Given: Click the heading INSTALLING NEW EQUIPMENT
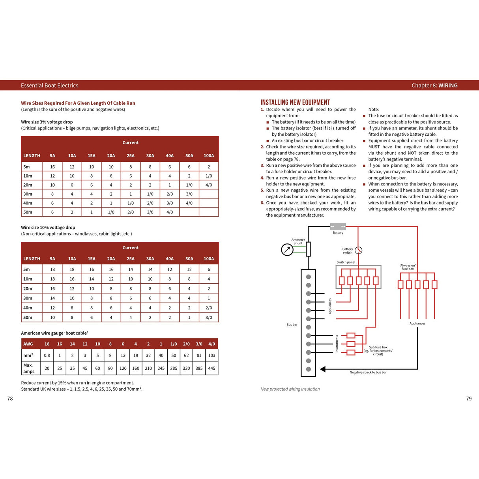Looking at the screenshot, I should (x=295, y=102).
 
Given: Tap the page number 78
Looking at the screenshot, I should (x=10, y=399).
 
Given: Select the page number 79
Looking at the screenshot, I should (x=469, y=399).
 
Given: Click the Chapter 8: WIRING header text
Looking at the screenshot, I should (x=434, y=85).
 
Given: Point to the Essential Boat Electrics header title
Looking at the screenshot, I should (x=49, y=85).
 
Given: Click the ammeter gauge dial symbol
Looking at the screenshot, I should (x=287, y=249).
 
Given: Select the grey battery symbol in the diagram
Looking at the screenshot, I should (x=338, y=226).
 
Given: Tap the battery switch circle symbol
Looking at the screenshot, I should (x=358, y=250).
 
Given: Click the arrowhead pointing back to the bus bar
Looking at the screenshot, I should (x=323, y=369).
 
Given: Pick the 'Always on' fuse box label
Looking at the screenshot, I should (x=408, y=267).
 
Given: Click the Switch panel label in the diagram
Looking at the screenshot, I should (x=346, y=262).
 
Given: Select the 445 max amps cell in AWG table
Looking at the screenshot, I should (x=211, y=368).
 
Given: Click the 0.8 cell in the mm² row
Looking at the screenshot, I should (x=47, y=355).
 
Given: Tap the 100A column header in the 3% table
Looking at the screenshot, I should (x=209, y=155).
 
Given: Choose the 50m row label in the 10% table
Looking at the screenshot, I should (x=28, y=317).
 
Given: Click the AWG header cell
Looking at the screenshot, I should (x=28, y=344).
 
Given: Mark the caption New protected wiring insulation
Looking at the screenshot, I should (x=290, y=389).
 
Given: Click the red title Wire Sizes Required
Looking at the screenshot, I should (x=78, y=103).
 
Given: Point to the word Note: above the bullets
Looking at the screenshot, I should (x=373, y=109).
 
